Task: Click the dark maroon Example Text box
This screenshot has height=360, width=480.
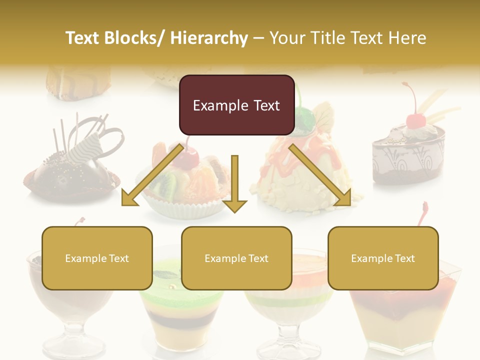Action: click(236, 105)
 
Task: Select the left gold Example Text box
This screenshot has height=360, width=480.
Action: click(97, 258)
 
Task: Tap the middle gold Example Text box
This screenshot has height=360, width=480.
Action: click(236, 258)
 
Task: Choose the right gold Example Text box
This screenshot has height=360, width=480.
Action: click(383, 258)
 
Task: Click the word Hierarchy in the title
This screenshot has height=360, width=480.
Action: click(209, 38)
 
